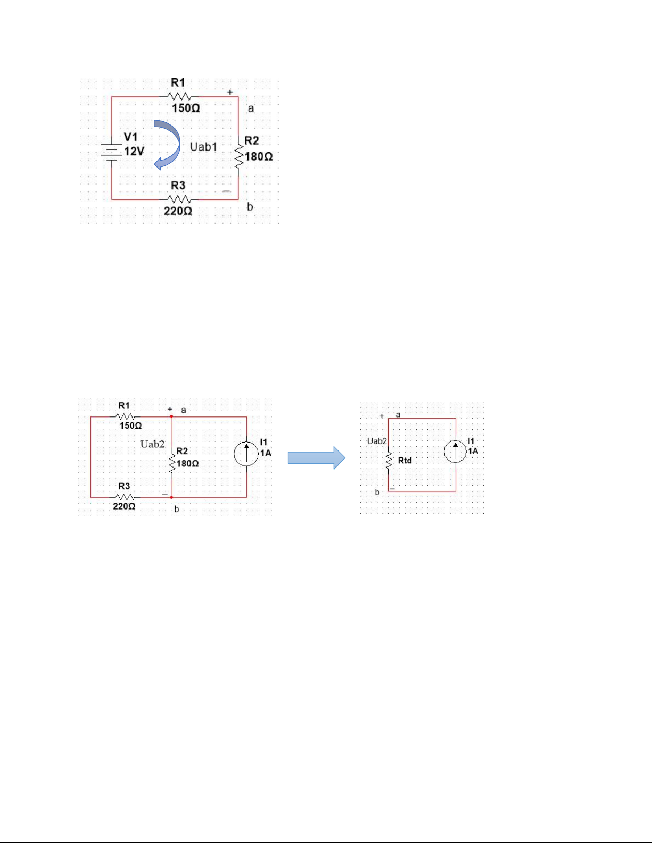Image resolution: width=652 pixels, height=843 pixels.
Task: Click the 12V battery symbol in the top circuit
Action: click(111, 152)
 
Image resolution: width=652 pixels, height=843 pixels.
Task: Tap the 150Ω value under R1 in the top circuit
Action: click(186, 108)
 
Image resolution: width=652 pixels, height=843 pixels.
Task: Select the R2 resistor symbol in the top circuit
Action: click(238, 157)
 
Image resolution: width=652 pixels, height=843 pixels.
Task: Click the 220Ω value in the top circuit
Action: click(178, 211)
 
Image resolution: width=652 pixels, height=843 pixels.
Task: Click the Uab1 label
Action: click(203, 147)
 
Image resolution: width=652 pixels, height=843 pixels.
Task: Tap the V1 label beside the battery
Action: click(131, 137)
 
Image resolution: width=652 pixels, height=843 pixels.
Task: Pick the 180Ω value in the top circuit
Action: click(259, 156)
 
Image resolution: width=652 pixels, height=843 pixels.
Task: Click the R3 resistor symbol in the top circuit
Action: click(179, 199)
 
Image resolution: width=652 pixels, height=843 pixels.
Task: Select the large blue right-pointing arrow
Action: click(316, 458)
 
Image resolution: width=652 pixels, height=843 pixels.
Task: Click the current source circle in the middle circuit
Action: click(246, 454)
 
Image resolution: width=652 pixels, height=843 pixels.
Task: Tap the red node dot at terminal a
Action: click(171, 416)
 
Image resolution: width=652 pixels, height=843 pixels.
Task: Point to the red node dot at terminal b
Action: click(171, 497)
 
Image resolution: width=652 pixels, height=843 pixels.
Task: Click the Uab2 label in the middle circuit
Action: click(152, 444)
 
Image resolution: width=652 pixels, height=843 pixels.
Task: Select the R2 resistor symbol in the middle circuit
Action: click(172, 463)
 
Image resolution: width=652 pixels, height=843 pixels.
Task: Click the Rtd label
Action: click(405, 461)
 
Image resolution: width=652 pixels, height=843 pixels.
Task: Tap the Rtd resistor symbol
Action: click(389, 461)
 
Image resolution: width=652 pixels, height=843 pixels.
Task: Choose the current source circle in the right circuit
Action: click(455, 452)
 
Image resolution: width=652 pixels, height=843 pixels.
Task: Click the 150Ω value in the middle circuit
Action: click(130, 425)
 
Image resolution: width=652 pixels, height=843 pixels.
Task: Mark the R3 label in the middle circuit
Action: click(124, 486)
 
